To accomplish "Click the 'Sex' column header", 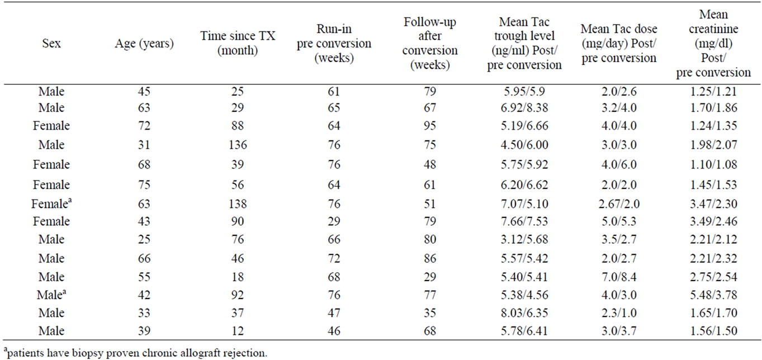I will pos(51,44).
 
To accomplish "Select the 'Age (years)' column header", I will pos(144,44).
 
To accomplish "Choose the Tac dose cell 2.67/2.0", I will pos(619,202).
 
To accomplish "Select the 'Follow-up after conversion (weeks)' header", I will pos(430,44).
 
